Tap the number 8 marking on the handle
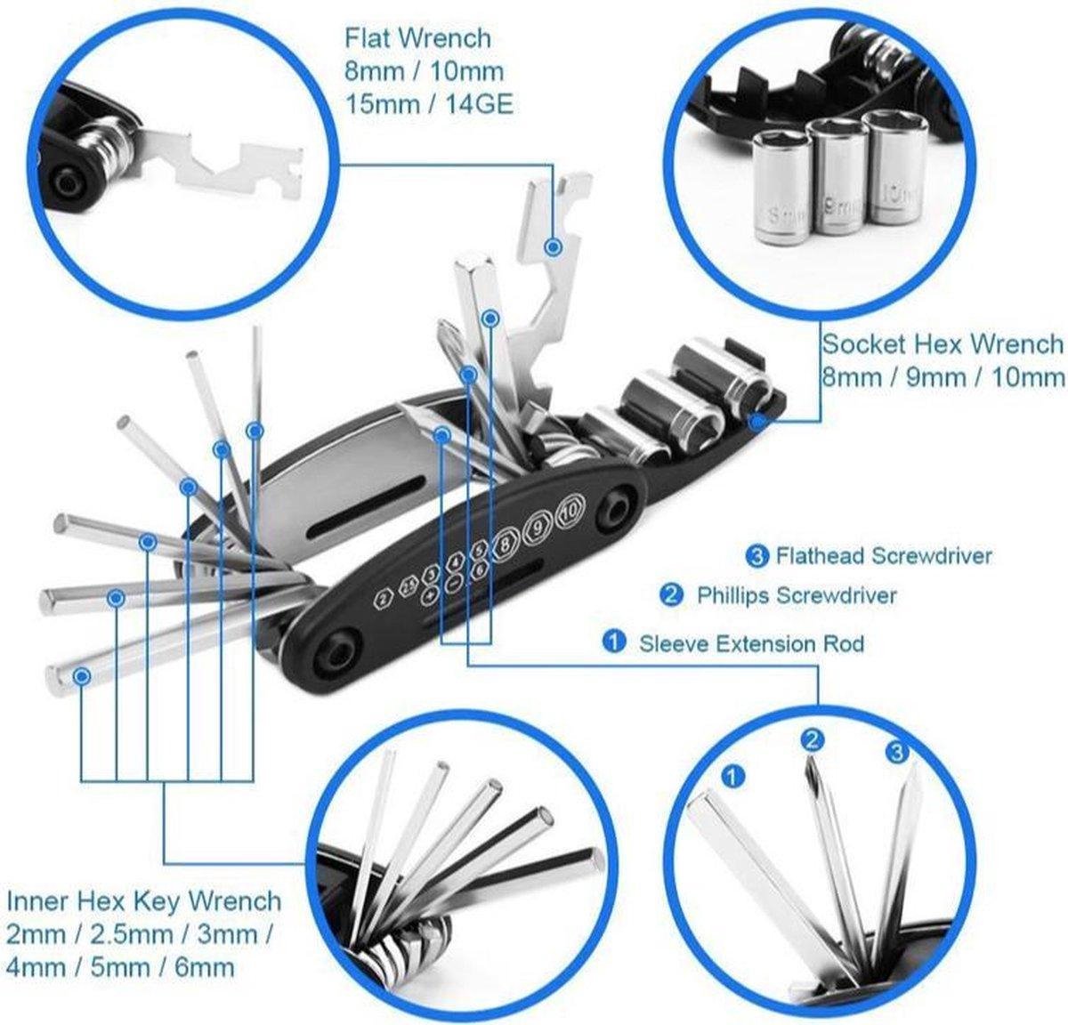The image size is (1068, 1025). click(x=507, y=541)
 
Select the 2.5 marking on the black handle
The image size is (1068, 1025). click(x=409, y=587)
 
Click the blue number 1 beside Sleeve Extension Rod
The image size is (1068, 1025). click(x=613, y=642)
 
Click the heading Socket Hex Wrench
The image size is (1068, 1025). click(x=942, y=343)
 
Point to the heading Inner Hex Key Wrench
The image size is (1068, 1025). click(x=144, y=901)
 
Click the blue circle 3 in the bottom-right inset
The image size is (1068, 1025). click(x=897, y=753)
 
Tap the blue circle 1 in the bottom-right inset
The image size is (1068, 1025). click(x=732, y=777)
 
